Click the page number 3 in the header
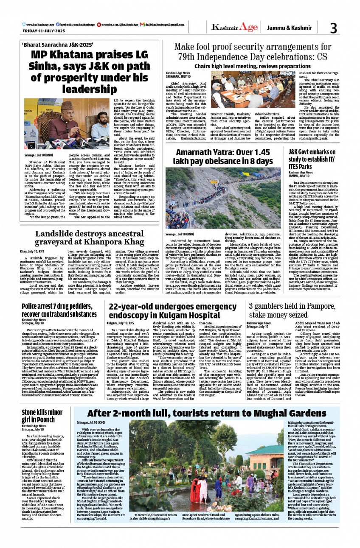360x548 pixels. click(x=333, y=28)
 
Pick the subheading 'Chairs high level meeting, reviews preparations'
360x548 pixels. click(x=253, y=66)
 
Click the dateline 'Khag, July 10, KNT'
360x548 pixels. click(x=34, y=251)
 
